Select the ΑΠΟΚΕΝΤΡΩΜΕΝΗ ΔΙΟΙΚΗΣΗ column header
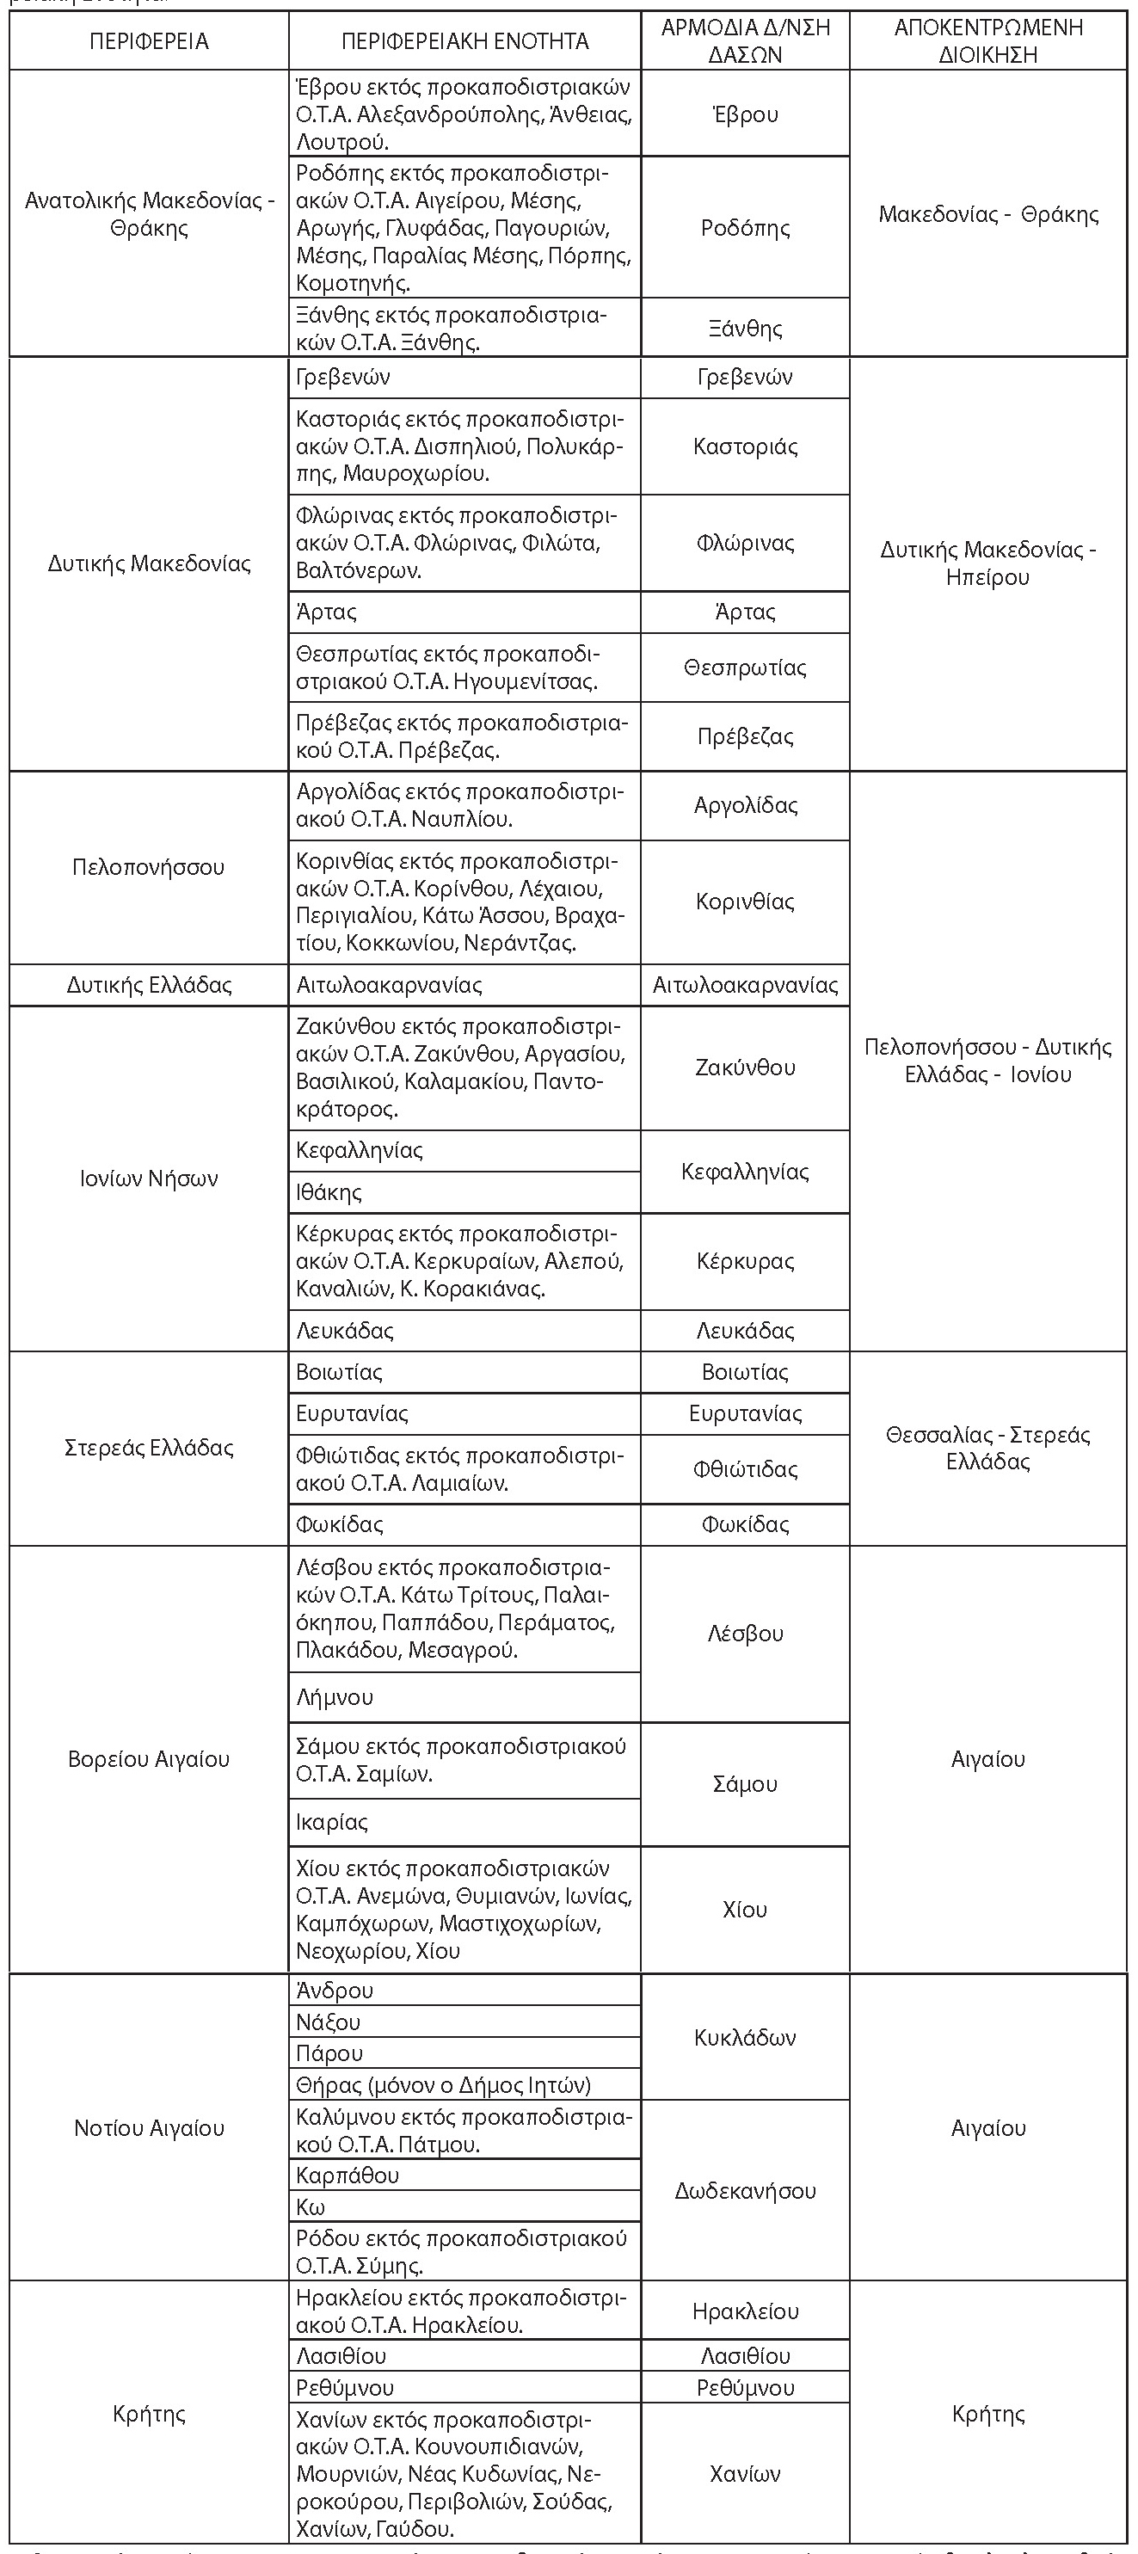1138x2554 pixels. pos(987,41)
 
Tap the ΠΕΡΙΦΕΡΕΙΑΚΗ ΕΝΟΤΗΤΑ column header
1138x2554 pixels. pos(464,41)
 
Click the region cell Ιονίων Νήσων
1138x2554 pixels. pos(149,1179)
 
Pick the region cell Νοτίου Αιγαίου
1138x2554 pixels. pos(149,2127)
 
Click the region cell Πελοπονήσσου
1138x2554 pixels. pos(149,867)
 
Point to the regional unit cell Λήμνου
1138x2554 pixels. pos(335,1697)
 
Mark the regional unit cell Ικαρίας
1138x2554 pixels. pos(332,1822)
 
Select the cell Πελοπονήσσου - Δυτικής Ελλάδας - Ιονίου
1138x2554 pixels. pos(987,1061)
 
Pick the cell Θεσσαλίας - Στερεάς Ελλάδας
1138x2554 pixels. pos(987,1449)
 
